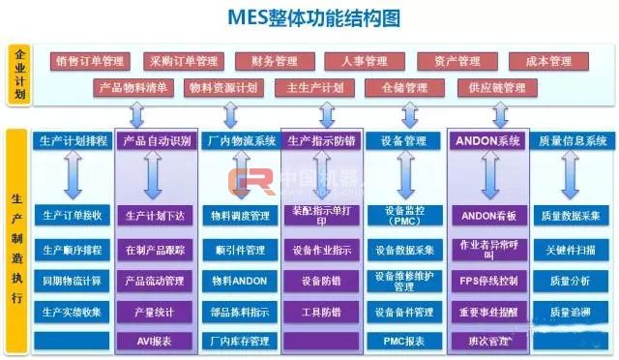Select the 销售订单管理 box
tap(91, 61)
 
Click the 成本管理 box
tap(548, 61)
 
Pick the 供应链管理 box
tap(496, 87)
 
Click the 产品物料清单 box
tap(134, 87)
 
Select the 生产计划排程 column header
tap(74, 141)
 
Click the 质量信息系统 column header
tap(574, 141)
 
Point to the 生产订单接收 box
tap(73, 215)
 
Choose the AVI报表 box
tap(155, 341)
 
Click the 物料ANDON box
tap(238, 281)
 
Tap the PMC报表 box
tap(403, 341)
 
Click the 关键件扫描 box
tap(574, 249)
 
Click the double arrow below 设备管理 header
tap(403, 178)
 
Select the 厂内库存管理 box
tap(238, 341)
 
